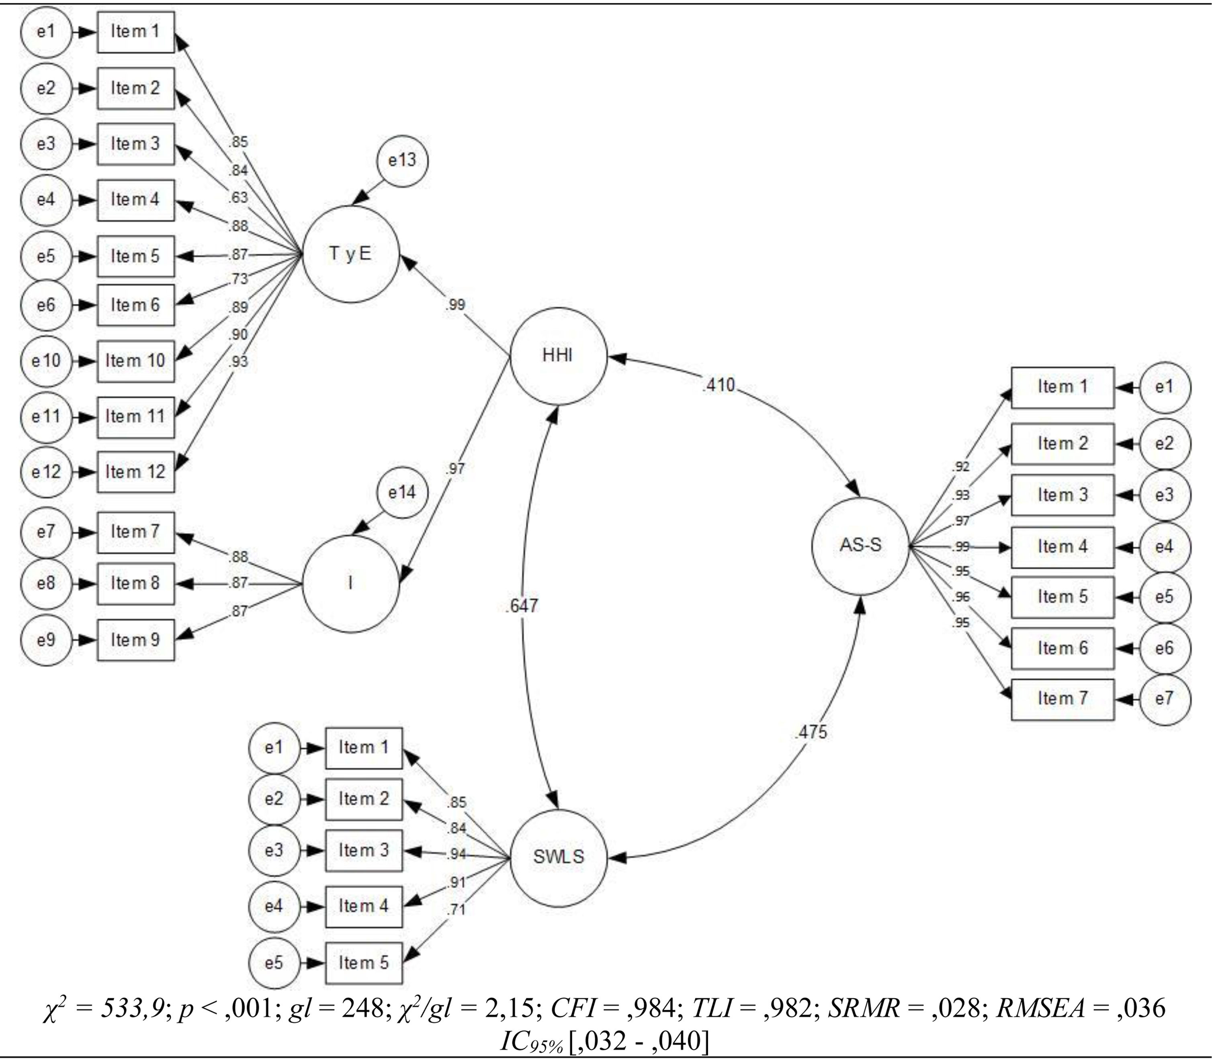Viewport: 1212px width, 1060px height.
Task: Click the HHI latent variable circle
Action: pyautogui.click(x=559, y=356)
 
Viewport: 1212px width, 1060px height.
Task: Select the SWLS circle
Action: pyautogui.click(x=559, y=857)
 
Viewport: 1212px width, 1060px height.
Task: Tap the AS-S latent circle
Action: pyautogui.click(x=860, y=545)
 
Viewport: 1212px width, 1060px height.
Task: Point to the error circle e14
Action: pyautogui.click(x=402, y=492)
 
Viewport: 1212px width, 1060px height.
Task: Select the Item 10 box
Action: pyautogui.click(x=135, y=361)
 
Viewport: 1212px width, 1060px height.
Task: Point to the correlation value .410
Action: pyautogui.click(x=718, y=385)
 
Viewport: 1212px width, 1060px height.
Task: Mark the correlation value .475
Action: pyautogui.click(x=811, y=732)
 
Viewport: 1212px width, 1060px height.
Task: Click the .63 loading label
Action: pyautogui.click(x=238, y=197)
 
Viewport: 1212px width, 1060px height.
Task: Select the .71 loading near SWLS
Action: pyautogui.click(x=456, y=909)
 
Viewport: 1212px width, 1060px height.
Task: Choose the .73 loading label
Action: pyautogui.click(x=238, y=278)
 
